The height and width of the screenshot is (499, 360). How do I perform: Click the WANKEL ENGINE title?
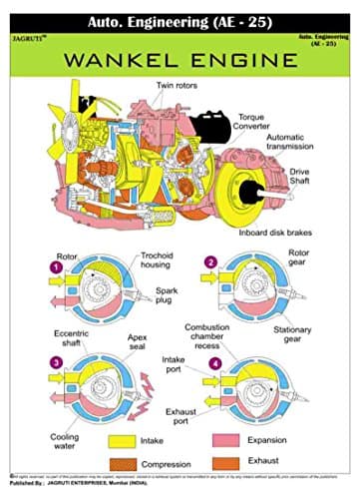click(x=180, y=62)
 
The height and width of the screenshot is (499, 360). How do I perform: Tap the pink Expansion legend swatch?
click(x=237, y=440)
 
